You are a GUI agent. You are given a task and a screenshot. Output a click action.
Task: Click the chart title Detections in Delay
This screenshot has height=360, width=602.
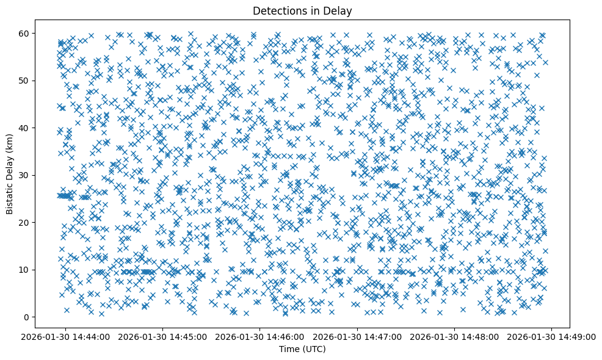click(302, 10)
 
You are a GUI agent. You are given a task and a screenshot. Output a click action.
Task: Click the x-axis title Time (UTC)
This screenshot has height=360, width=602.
click(302, 349)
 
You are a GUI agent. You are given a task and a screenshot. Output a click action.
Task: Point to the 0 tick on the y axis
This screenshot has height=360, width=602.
click(27, 317)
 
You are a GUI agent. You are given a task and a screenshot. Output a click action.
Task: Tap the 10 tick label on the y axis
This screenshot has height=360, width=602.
click(24, 270)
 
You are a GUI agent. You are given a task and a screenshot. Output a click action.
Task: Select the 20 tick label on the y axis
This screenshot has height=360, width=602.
click(24, 222)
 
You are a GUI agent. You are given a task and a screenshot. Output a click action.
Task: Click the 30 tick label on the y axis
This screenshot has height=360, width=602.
click(24, 175)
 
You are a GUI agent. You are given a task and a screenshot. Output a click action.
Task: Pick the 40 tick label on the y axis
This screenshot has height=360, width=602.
click(24, 128)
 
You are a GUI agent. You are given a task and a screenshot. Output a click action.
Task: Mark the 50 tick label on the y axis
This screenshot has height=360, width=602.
click(24, 81)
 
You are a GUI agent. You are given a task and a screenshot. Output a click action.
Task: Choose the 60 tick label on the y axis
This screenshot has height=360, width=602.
click(24, 33)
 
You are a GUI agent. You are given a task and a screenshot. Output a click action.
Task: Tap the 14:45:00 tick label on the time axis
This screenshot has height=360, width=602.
click(164, 336)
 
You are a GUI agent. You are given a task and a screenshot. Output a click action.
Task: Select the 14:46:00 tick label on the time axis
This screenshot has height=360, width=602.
click(261, 336)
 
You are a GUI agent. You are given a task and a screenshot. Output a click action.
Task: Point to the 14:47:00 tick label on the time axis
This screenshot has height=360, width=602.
click(358, 336)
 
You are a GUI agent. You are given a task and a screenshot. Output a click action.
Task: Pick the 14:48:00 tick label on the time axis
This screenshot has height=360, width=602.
click(455, 336)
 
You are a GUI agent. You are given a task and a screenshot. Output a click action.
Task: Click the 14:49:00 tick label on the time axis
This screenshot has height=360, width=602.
click(552, 336)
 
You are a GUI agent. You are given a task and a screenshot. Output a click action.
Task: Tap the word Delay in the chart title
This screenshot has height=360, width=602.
click(339, 10)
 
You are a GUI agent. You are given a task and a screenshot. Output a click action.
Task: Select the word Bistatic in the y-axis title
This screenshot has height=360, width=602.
click(10, 193)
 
